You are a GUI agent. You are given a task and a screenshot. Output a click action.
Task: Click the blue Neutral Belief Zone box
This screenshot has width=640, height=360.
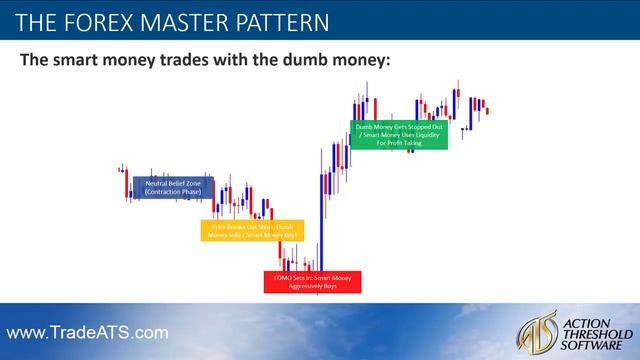tap(172, 187)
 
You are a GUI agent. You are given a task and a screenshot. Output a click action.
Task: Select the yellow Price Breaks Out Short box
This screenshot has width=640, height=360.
tap(245, 231)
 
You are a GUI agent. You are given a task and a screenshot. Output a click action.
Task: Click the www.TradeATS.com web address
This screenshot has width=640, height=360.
tap(89, 331)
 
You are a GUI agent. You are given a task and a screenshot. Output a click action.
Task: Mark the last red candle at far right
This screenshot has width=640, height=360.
tap(487, 109)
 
